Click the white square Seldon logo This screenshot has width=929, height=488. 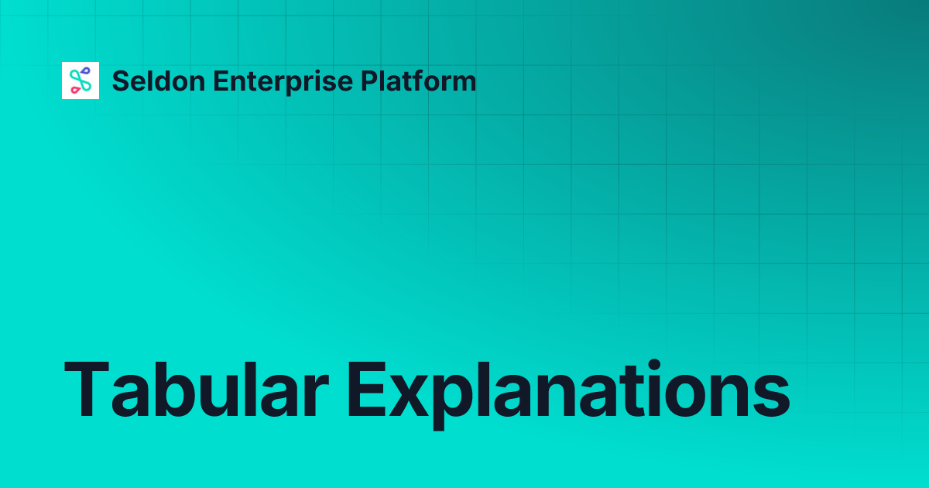[81, 81]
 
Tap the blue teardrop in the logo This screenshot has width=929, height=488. [85, 72]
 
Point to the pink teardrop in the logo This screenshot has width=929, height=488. [75, 89]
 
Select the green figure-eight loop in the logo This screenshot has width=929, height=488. [81, 81]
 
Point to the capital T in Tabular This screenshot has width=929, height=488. [87, 389]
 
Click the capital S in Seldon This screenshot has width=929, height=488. [121, 81]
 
